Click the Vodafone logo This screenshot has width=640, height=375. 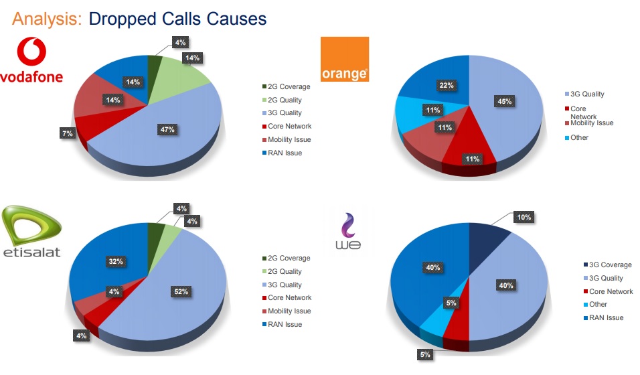31,60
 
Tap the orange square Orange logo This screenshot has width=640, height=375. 345,59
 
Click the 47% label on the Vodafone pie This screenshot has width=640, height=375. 167,129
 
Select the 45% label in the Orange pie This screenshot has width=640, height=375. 504,102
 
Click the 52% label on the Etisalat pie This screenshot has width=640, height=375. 182,291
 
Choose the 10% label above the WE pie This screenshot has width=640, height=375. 524,217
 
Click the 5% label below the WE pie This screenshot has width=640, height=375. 424,354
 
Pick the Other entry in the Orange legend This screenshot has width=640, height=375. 579,138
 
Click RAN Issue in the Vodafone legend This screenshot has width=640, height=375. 285,153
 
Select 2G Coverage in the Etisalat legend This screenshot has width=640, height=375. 289,258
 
